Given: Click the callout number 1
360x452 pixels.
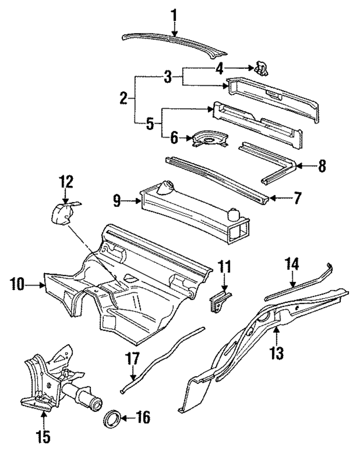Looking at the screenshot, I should pyautogui.click(x=174, y=16).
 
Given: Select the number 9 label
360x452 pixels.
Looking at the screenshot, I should pyautogui.click(x=116, y=201).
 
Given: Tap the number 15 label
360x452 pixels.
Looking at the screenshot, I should pyautogui.click(x=44, y=437).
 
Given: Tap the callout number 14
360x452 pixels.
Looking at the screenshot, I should pyautogui.click(x=292, y=265).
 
